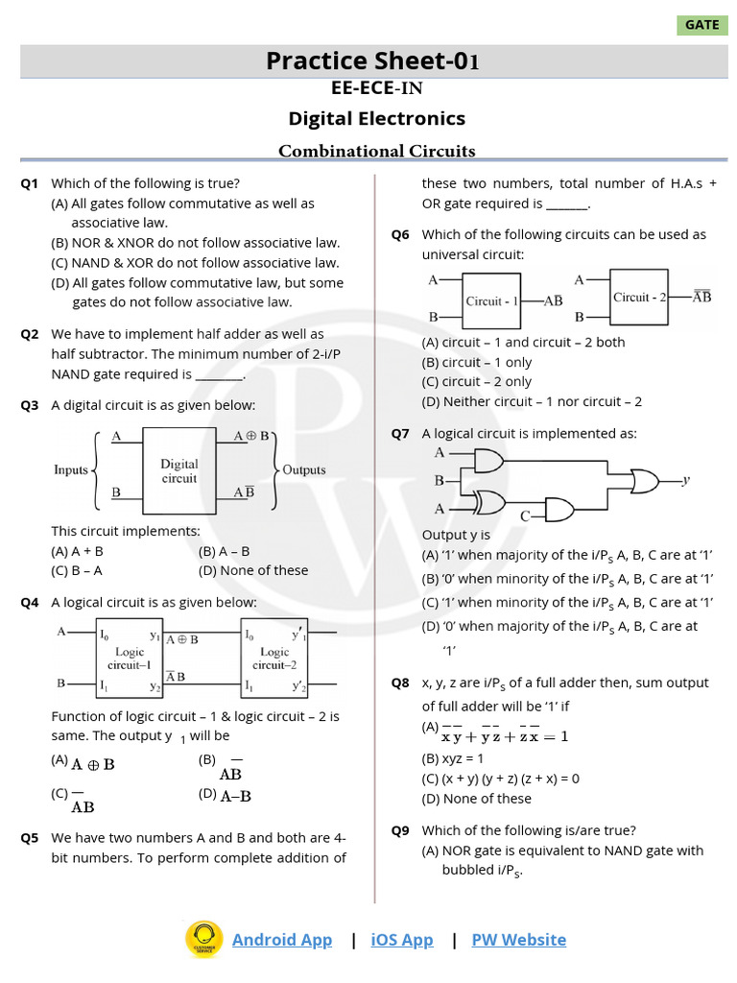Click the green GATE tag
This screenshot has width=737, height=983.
click(x=701, y=25)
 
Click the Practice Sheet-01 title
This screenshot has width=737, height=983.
click(x=372, y=61)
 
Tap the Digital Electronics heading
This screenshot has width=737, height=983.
click(x=377, y=118)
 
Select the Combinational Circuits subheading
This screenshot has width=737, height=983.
click(x=377, y=151)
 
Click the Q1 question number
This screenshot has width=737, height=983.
click(x=30, y=183)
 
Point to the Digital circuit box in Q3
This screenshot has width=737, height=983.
click(x=179, y=470)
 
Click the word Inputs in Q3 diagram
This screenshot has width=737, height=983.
click(x=71, y=470)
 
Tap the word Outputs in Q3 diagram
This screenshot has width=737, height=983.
click(x=304, y=470)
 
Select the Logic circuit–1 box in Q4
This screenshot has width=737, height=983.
click(x=129, y=658)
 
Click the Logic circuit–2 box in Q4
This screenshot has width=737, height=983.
click(x=274, y=658)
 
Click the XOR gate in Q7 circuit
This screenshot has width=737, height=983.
click(x=490, y=502)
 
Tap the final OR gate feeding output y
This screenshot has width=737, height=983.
click(x=643, y=479)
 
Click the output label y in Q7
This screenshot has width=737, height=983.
click(x=686, y=479)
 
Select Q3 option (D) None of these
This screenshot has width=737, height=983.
click(x=253, y=570)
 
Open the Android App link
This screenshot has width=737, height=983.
click(x=282, y=940)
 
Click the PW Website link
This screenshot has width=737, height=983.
click(x=518, y=940)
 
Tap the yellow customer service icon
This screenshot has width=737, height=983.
click(x=203, y=940)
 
